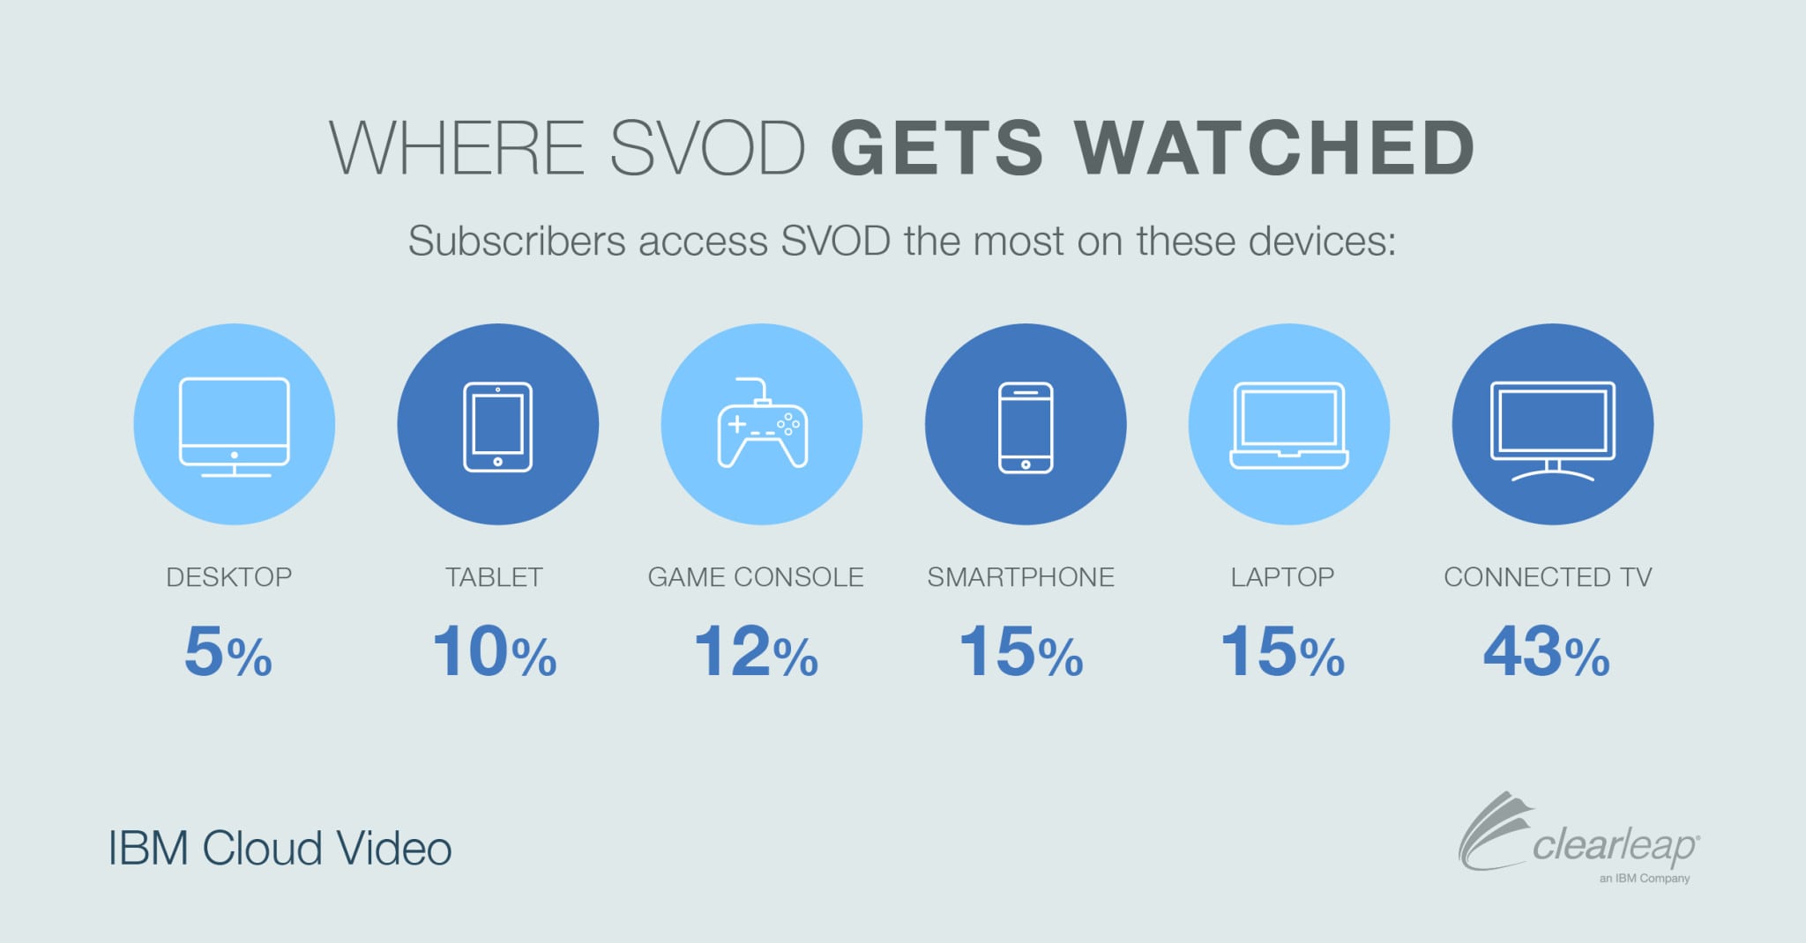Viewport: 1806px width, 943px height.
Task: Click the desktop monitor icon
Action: [x=234, y=427]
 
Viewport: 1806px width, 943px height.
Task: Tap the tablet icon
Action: [x=498, y=427]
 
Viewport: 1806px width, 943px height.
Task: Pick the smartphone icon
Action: [x=1026, y=427]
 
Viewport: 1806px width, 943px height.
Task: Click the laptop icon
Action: [x=1289, y=425]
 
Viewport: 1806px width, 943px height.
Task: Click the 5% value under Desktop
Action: [x=228, y=652]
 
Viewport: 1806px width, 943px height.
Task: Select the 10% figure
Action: [x=495, y=652]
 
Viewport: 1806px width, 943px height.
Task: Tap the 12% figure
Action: [x=757, y=652]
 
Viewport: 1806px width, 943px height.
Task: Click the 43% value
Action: [x=1547, y=652]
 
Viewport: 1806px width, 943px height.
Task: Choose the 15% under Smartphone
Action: [x=1021, y=652]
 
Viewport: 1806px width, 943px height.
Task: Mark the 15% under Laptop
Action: [x=1283, y=652]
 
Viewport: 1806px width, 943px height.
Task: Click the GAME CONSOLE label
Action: [x=756, y=577]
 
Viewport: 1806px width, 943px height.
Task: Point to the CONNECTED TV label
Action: [x=1548, y=577]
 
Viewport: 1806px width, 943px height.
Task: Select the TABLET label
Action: [x=494, y=577]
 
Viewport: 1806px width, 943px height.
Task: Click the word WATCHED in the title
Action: [x=1274, y=147]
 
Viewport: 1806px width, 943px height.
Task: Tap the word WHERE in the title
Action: [x=457, y=147]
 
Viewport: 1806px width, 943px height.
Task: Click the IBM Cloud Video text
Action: [x=280, y=849]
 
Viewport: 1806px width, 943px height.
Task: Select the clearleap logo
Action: [x=1578, y=837]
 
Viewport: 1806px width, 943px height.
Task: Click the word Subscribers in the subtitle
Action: [x=517, y=241]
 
